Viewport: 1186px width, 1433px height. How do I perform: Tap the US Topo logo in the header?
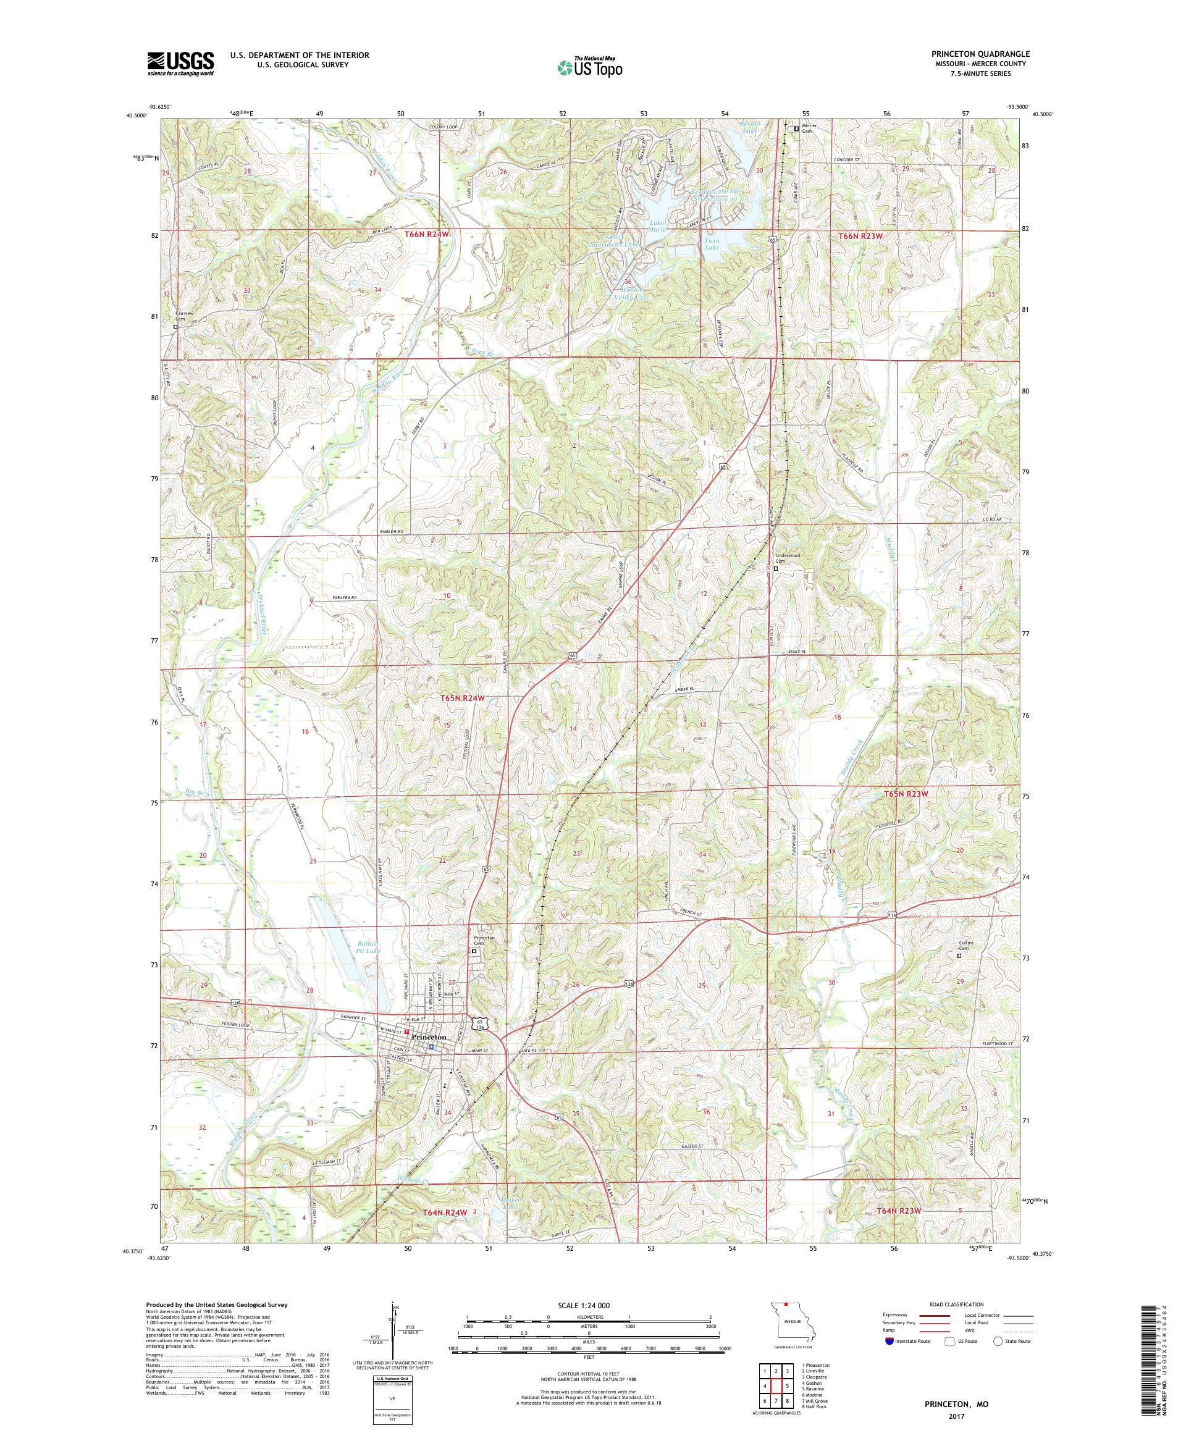click(591, 67)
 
